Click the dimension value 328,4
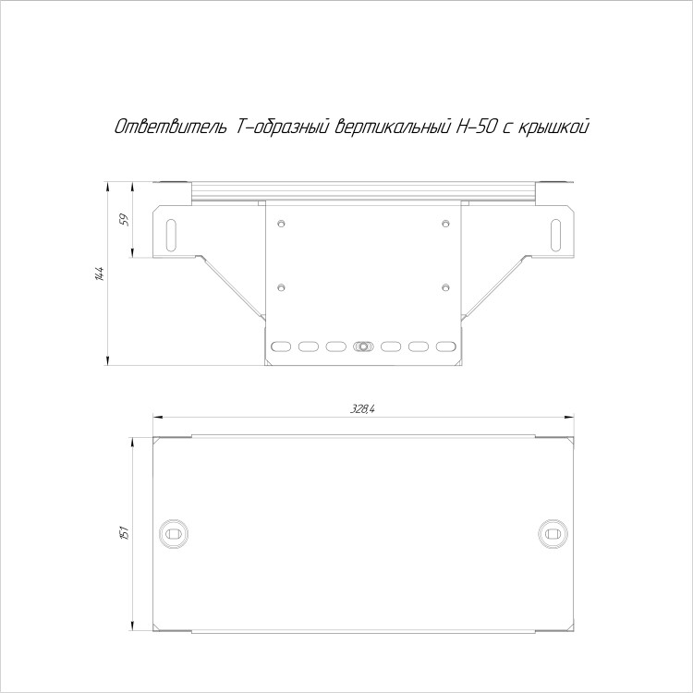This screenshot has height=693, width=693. click(x=362, y=409)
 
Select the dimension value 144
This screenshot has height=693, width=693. click(x=99, y=274)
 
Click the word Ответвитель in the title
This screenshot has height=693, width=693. click(x=171, y=128)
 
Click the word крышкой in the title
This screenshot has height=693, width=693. click(x=553, y=128)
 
